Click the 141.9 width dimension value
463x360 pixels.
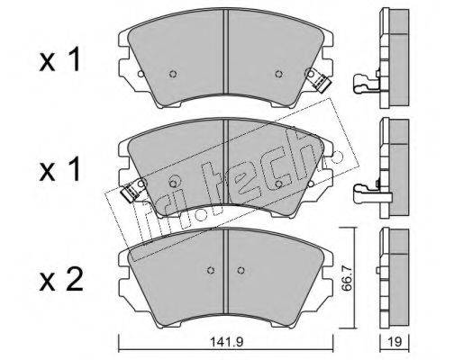(226, 342)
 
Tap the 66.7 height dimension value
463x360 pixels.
(347, 277)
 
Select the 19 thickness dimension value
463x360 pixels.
(395, 342)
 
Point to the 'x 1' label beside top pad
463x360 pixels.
(59, 59)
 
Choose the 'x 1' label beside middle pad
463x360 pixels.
(59, 169)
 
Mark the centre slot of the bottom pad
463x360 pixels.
(226, 271)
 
